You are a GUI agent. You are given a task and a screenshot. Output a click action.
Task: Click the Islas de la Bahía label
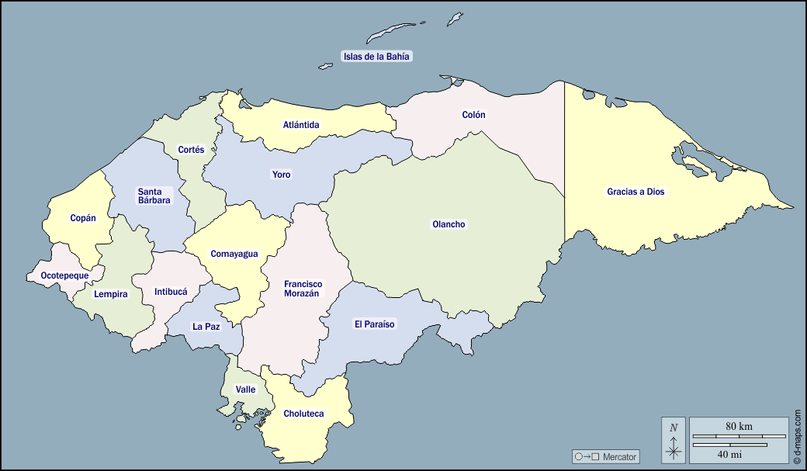click(x=376, y=56)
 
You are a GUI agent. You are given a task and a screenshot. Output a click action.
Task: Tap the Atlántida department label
click(x=301, y=124)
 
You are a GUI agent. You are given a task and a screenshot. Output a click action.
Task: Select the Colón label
click(x=473, y=115)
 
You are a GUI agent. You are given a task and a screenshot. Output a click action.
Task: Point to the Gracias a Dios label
click(x=636, y=192)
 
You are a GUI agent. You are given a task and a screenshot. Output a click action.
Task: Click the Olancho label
click(x=449, y=224)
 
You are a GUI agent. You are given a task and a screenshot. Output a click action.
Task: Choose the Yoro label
click(x=281, y=175)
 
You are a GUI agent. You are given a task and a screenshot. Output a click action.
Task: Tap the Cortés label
click(x=191, y=150)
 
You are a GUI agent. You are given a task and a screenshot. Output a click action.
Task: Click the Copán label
click(x=83, y=218)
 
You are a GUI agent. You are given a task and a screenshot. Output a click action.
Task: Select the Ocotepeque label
click(x=64, y=275)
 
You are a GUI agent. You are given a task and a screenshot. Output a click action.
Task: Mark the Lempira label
click(x=110, y=294)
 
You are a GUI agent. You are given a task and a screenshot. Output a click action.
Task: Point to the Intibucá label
click(x=171, y=292)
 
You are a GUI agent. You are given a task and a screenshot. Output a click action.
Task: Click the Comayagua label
click(x=234, y=254)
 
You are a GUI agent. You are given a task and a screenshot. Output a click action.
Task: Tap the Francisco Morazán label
click(x=303, y=289)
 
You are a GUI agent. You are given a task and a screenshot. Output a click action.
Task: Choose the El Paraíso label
click(x=375, y=324)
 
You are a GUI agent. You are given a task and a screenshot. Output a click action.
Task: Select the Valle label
click(x=245, y=390)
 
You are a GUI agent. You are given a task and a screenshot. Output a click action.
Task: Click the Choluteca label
click(x=303, y=414)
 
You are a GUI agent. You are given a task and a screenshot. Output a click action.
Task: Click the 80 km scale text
click(x=739, y=426)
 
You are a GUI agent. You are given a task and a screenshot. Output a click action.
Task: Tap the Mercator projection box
click(x=605, y=456)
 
